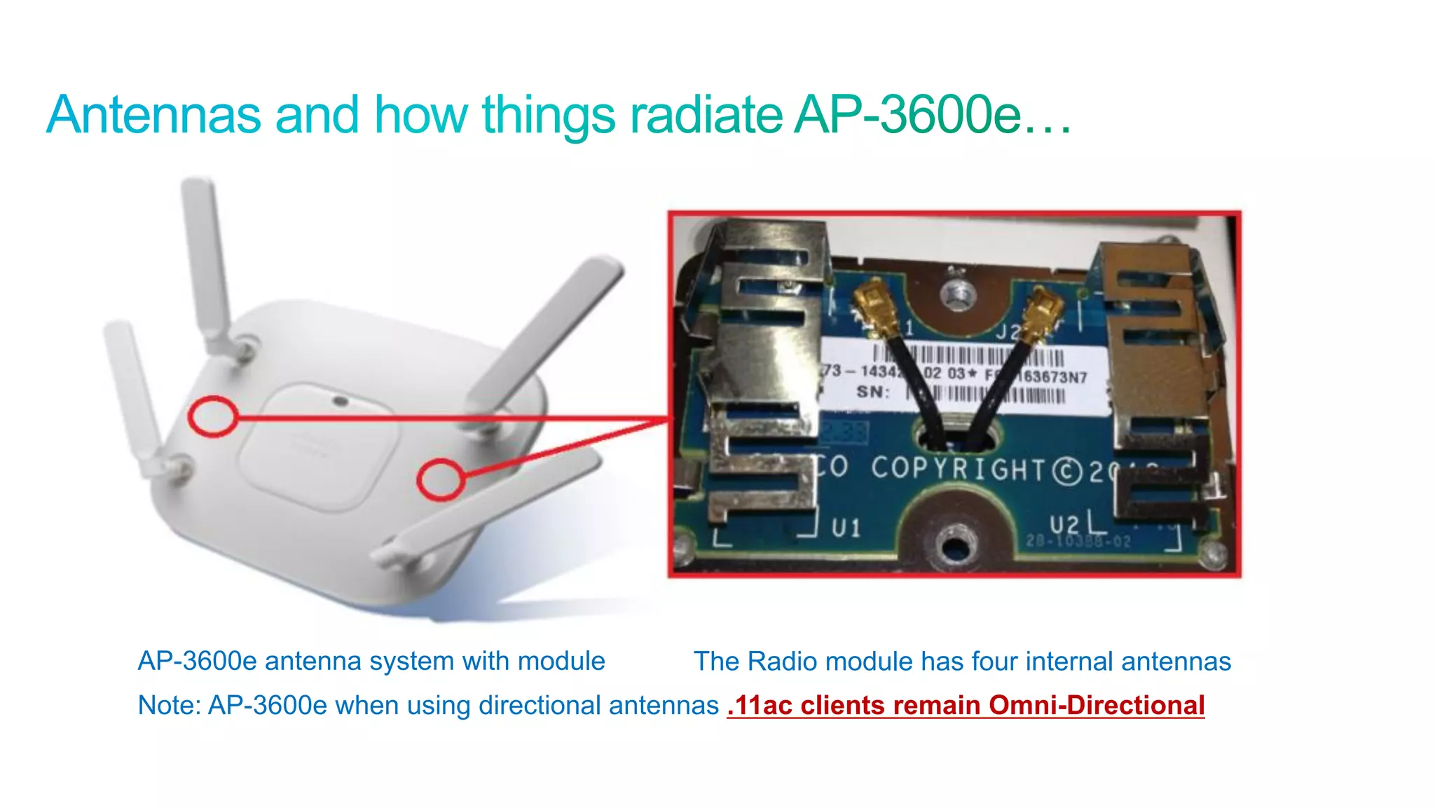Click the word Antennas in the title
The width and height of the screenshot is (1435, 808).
click(153, 115)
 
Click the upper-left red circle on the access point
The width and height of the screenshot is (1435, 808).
click(212, 416)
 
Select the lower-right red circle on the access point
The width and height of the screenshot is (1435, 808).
click(440, 480)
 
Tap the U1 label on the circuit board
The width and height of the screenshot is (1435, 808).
click(846, 528)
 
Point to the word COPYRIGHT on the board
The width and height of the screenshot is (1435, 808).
click(959, 469)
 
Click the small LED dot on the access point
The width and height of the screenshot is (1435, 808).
click(341, 402)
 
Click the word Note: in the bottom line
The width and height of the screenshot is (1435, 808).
click(169, 705)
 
